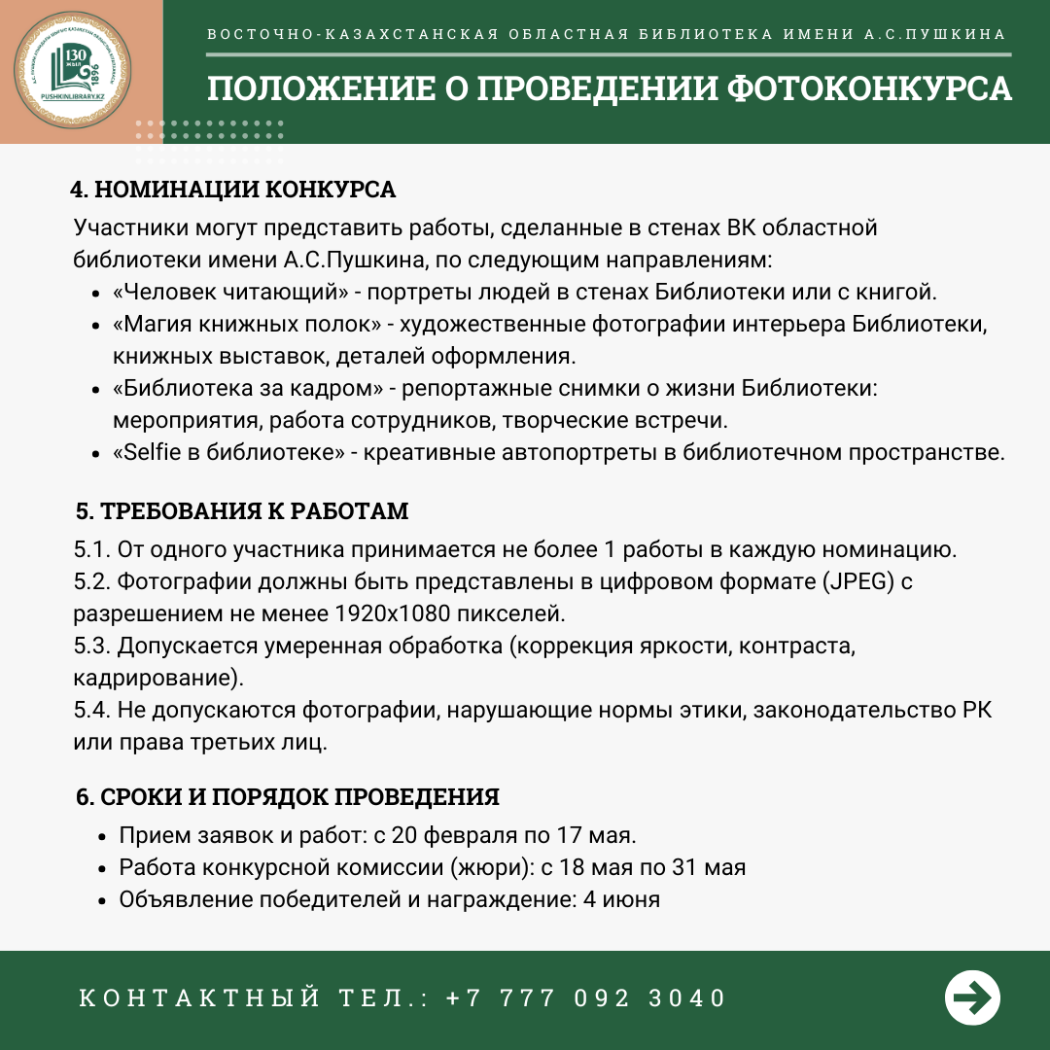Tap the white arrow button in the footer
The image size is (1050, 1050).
(x=972, y=997)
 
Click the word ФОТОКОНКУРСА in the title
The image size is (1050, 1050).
(x=869, y=89)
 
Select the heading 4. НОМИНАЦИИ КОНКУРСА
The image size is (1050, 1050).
(x=233, y=189)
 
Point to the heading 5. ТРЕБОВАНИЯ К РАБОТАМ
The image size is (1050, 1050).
(x=242, y=511)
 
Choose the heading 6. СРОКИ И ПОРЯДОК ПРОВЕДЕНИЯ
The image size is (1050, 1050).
(x=288, y=797)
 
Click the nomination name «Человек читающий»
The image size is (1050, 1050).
(x=230, y=292)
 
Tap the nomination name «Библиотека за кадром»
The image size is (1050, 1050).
(x=248, y=389)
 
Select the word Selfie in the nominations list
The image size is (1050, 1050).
(x=149, y=453)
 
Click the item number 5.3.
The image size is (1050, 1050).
(x=92, y=646)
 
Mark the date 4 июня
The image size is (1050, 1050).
(x=621, y=899)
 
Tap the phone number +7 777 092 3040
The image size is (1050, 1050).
(x=586, y=998)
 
